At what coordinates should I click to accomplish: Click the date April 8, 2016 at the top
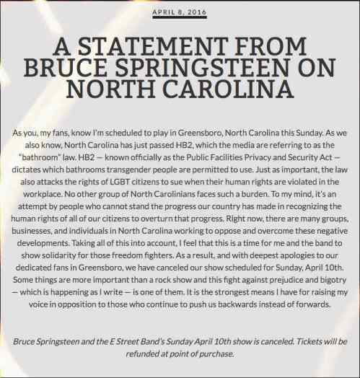180,12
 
